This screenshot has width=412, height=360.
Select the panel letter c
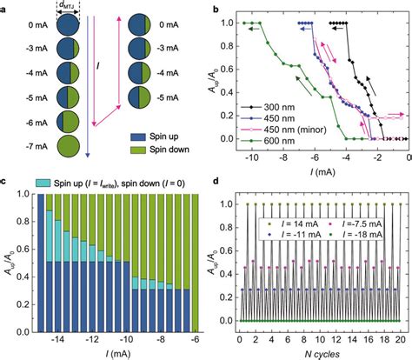point(5,181)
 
